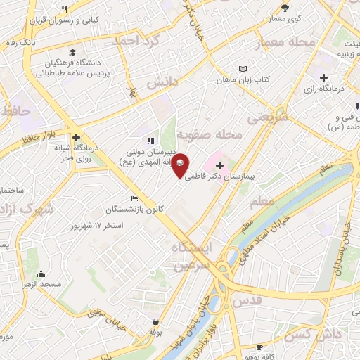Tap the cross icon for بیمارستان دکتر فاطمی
coord(220,166)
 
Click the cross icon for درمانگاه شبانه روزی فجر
coord(76,138)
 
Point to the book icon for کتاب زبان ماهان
coord(243,69)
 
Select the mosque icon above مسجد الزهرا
coord(41,274)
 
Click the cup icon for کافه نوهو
coord(259,347)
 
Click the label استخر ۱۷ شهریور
coord(98,226)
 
